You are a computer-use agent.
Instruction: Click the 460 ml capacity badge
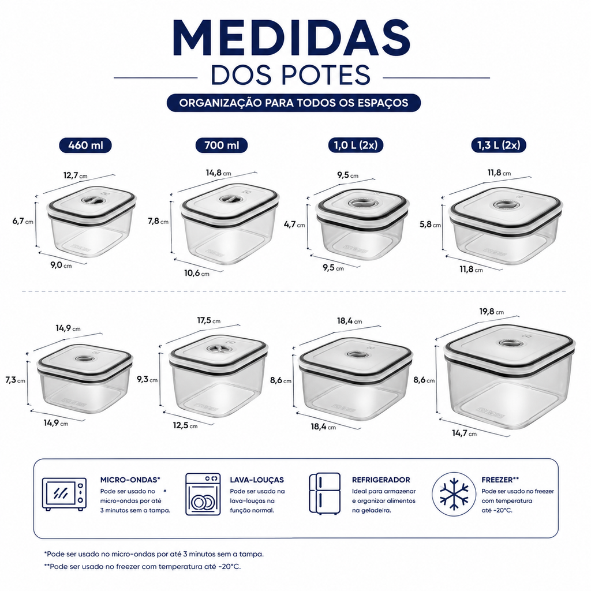[x=85, y=145]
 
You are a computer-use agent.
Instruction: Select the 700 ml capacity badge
[x=222, y=145]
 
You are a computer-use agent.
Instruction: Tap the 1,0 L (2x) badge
[x=356, y=145]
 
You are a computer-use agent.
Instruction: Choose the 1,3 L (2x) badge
[x=499, y=145]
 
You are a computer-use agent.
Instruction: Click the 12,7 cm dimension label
[x=76, y=175]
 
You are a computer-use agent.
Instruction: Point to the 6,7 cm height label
[x=23, y=221]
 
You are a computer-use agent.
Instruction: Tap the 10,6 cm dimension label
[x=196, y=273]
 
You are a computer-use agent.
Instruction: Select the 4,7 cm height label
[x=294, y=225]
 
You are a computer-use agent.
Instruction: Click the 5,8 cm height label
[x=430, y=225]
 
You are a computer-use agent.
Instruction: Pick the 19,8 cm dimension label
[x=492, y=312]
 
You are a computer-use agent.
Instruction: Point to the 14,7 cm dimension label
[x=465, y=433]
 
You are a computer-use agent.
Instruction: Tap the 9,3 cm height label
[x=147, y=380]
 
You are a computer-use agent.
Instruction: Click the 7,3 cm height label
[x=16, y=380]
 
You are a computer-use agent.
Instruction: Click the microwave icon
[x=64, y=494]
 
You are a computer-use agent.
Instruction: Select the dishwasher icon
[x=203, y=494]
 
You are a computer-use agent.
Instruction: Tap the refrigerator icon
[x=324, y=493]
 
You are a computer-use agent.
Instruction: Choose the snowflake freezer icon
[x=454, y=494]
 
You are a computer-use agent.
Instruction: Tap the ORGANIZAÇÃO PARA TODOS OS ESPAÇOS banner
[x=294, y=103]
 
